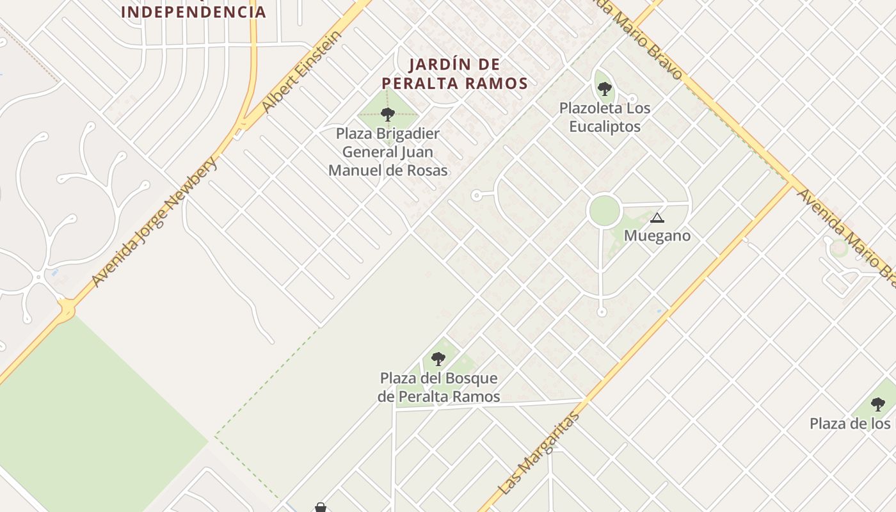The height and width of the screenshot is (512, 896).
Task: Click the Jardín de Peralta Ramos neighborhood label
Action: (x=454, y=74)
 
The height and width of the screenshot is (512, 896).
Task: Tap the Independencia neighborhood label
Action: (x=193, y=12)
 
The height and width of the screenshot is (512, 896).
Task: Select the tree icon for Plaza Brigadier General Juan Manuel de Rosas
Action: (x=387, y=115)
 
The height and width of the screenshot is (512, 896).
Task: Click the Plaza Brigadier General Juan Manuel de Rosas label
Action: (x=388, y=152)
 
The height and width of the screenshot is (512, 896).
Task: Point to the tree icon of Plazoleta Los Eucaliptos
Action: (x=604, y=89)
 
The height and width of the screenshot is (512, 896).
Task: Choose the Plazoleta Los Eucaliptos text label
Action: (x=604, y=117)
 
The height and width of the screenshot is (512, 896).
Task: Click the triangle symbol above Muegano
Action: (x=657, y=218)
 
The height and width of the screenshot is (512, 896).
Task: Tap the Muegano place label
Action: (x=657, y=236)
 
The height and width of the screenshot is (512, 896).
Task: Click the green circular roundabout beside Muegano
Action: (x=604, y=211)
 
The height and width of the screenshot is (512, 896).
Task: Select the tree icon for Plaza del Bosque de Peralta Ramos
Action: (x=438, y=358)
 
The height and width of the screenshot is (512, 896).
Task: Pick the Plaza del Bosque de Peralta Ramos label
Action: (x=438, y=387)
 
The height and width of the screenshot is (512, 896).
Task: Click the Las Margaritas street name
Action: (x=539, y=453)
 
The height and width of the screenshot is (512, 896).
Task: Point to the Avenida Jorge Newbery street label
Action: (x=156, y=221)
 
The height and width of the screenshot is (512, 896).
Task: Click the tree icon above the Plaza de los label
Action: (x=878, y=404)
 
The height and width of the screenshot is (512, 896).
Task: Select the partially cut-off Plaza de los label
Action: (x=850, y=424)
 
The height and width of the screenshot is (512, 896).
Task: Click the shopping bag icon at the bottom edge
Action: (x=321, y=508)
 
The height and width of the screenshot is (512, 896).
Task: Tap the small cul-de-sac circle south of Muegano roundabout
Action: (x=601, y=312)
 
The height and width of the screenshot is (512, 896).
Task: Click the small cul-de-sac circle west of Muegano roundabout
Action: (x=476, y=195)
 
